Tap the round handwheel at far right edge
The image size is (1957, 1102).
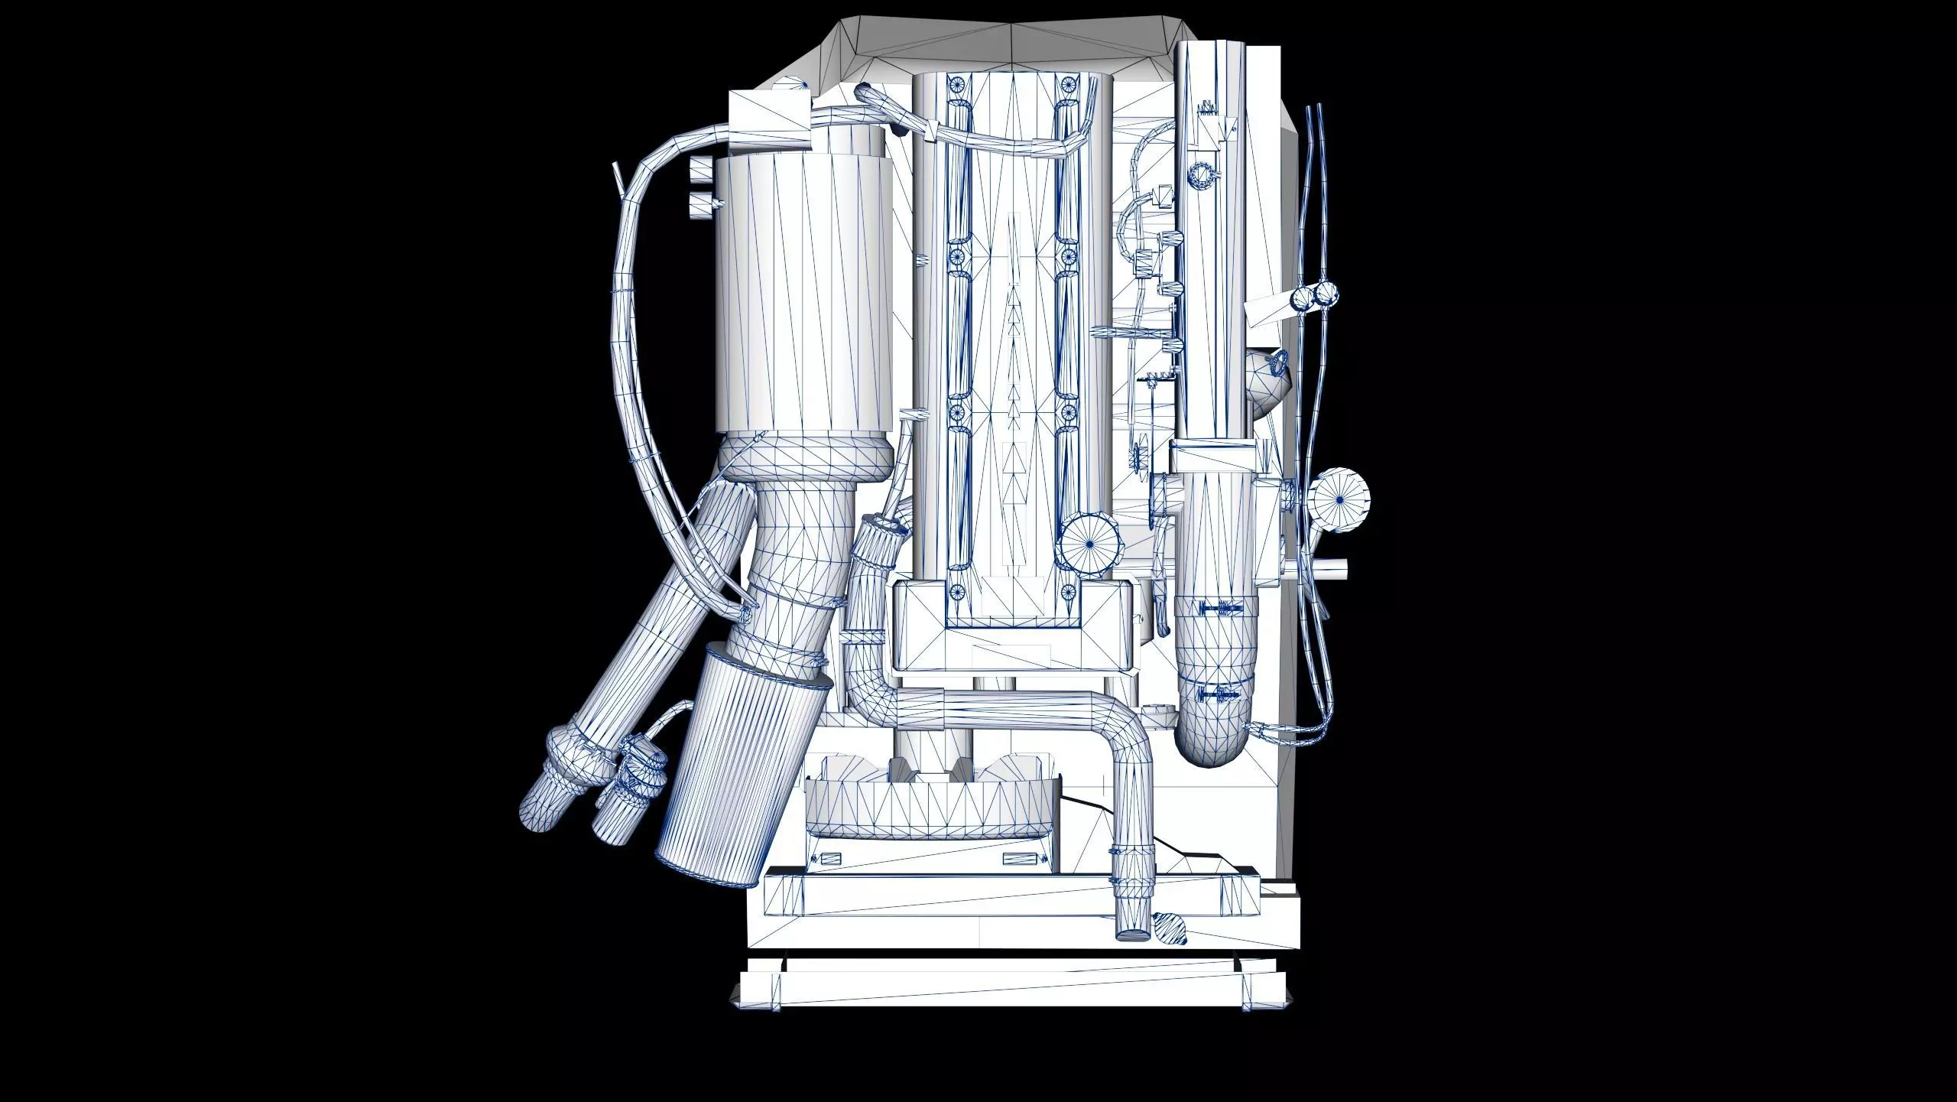1339,499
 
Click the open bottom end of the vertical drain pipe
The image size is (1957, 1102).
1132,935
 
